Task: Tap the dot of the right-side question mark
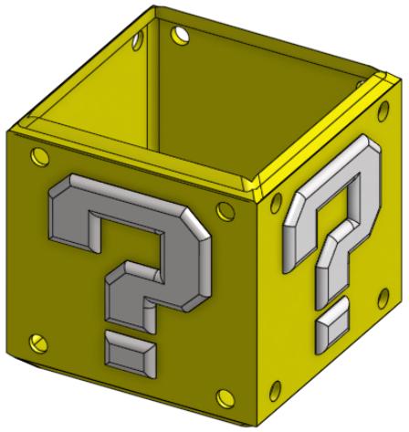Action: click(x=330, y=324)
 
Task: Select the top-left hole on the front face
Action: click(x=37, y=156)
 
